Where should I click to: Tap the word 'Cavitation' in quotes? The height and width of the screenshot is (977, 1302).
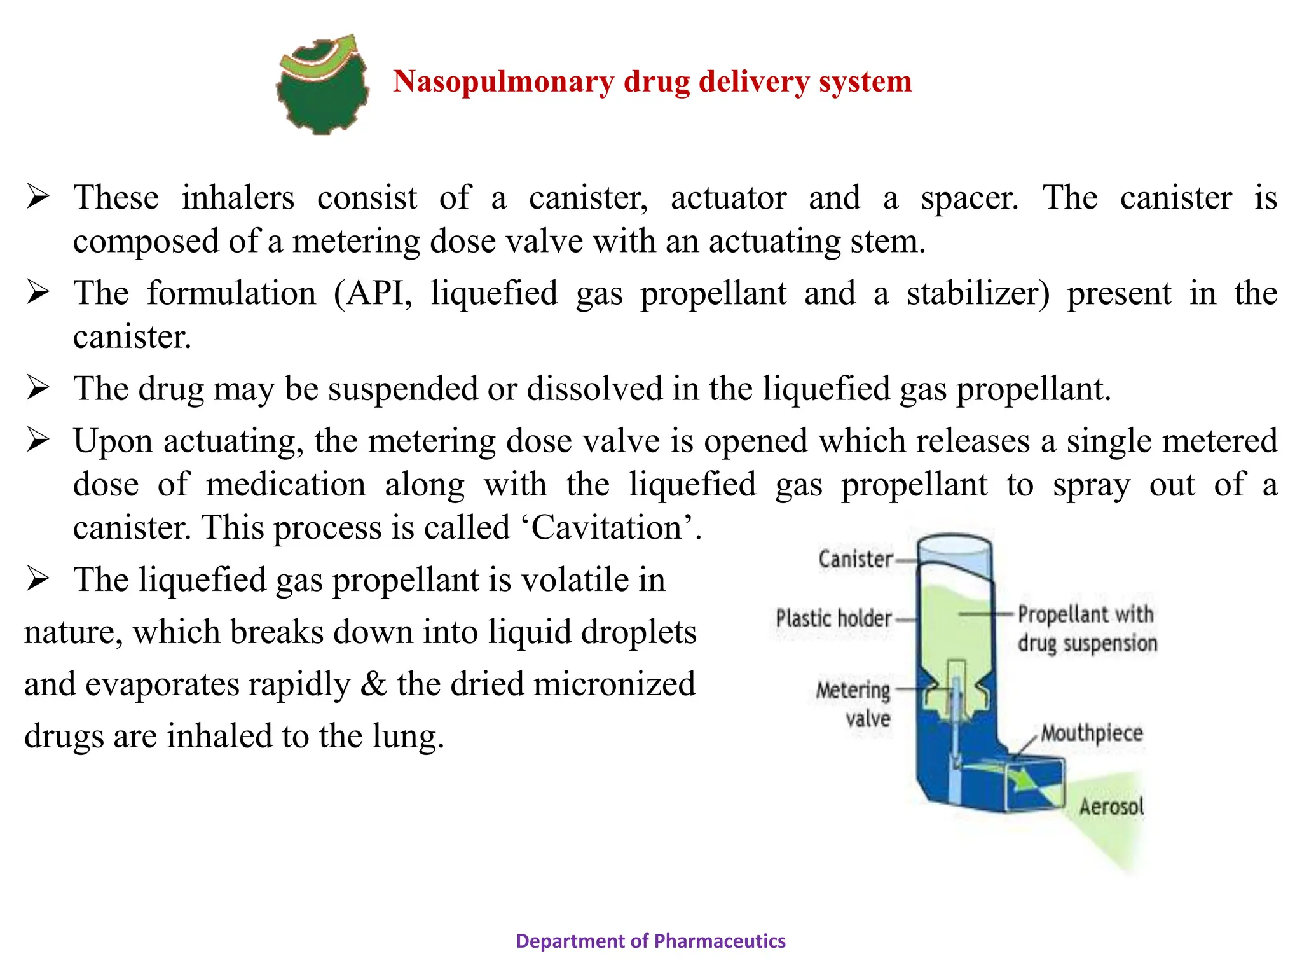[x=606, y=528]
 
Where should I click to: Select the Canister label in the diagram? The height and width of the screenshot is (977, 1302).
[x=855, y=559]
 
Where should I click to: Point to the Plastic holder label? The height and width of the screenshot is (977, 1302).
[x=833, y=618]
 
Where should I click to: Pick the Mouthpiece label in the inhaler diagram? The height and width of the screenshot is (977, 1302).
[x=1091, y=733]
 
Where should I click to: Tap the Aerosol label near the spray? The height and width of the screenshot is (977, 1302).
[x=1111, y=807]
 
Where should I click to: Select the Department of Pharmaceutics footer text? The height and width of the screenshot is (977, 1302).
[x=650, y=941]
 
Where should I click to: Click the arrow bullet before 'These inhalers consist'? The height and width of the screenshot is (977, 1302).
[x=38, y=197]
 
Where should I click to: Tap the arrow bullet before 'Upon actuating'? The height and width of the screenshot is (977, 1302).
[x=38, y=440]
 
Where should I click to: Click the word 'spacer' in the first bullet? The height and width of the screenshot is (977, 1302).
[x=968, y=198]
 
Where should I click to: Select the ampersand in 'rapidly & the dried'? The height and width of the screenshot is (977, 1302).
[x=373, y=684]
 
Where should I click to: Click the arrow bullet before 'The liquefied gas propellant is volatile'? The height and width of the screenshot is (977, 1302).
[x=38, y=579]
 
